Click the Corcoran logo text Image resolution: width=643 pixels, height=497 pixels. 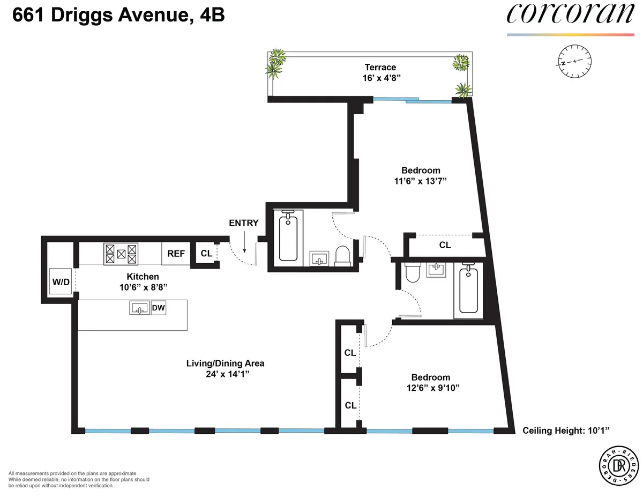[570, 14]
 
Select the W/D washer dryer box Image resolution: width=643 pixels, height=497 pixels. [61, 281]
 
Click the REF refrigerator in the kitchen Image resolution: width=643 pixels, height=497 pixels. [176, 254]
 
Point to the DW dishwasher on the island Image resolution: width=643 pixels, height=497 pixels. [158, 308]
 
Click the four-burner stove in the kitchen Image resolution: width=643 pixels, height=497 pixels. [121, 254]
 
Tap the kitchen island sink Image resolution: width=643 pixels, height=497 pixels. [139, 308]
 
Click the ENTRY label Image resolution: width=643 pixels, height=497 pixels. [243, 223]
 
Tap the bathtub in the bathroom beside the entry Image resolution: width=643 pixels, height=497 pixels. [288, 236]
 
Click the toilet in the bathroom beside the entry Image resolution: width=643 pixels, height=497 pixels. [342, 255]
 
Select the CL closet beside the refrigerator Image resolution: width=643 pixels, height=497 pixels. [206, 254]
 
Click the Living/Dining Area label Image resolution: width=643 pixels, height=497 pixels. [225, 363]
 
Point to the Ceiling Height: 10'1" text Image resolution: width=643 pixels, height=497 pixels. [566, 431]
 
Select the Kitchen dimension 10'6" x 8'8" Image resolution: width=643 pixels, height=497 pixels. [143, 287]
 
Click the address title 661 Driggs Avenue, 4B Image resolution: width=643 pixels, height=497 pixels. [118, 16]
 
